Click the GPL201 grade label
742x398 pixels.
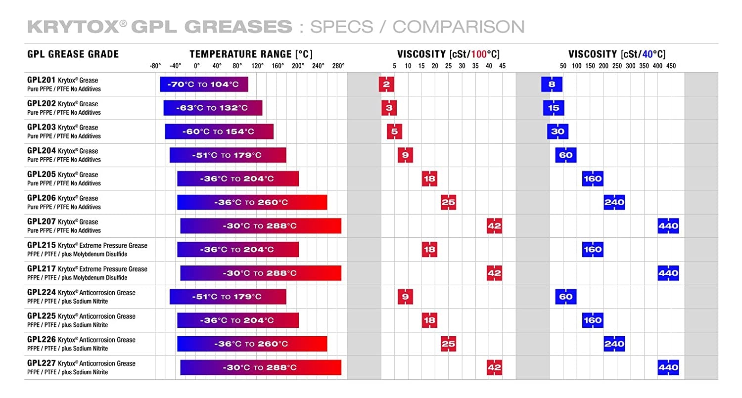[40, 80]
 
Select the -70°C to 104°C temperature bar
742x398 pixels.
[204, 84]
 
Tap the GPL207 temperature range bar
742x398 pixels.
[261, 226]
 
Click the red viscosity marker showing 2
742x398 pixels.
[386, 84]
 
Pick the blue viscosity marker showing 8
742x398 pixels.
[552, 84]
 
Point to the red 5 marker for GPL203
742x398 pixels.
[394, 132]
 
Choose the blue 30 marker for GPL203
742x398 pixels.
[557, 132]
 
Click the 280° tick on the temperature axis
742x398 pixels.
[338, 66]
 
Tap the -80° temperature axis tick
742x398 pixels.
[155, 66]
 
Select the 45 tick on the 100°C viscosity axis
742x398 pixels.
[502, 66]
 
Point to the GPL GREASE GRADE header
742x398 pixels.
[73, 54]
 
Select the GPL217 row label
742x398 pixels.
[40, 269]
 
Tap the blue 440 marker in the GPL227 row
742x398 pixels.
[668, 367]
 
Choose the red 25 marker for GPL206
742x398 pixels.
[448, 202]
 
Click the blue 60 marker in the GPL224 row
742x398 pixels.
[565, 297]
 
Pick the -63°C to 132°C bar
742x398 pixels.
[213, 108]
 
